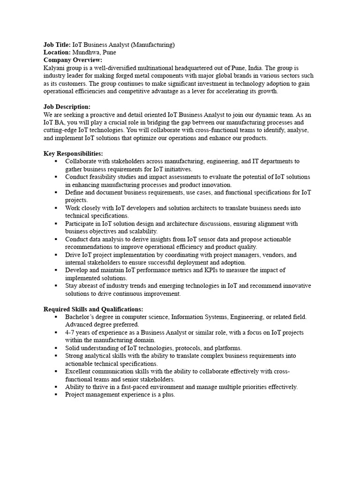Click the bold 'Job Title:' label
click(x=57, y=45)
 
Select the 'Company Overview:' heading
click(x=73, y=60)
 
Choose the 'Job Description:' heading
click(x=67, y=107)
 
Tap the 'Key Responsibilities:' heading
click(x=73, y=154)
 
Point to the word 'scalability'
click(x=141, y=231)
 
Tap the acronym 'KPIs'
click(x=204, y=270)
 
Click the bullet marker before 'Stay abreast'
click(x=56, y=285)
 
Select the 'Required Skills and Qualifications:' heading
click(x=93, y=309)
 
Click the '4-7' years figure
click(x=70, y=332)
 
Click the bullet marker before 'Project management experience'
click(x=56, y=395)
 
